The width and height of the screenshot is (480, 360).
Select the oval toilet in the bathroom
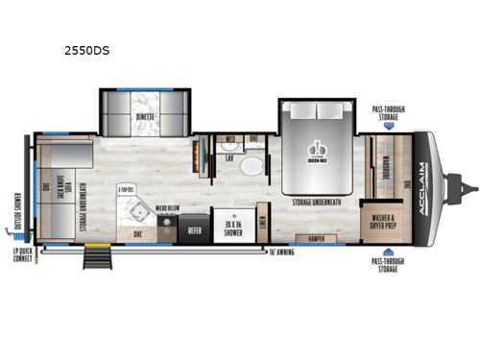[251, 166]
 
